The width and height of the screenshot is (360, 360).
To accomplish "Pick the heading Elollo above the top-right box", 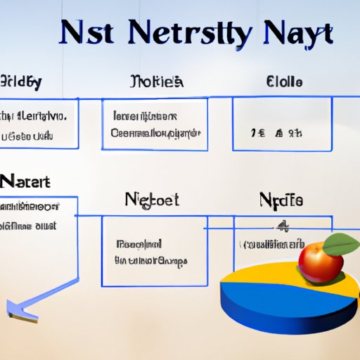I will (x=285, y=83).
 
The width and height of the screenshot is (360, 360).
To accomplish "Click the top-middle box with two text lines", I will (x=155, y=124).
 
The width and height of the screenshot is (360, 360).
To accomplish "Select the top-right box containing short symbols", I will (x=281, y=124).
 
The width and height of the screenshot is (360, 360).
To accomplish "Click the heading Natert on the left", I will (x=25, y=181).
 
